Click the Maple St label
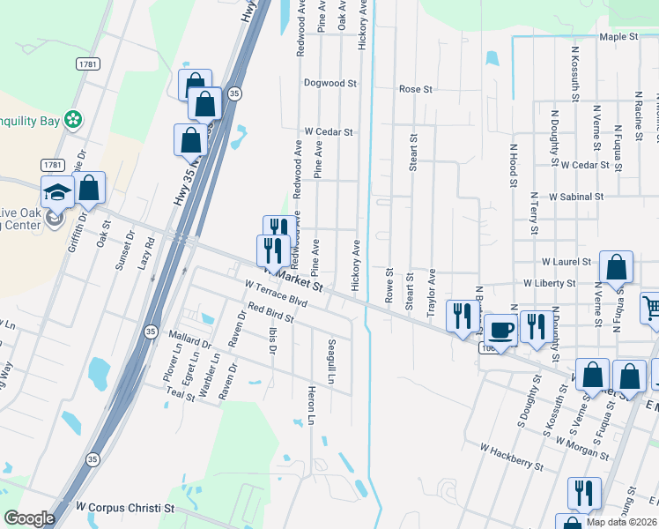pos(618,37)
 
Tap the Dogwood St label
pos(329,84)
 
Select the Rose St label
pos(416,89)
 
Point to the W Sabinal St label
pos(575,197)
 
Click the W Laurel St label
pos(568,262)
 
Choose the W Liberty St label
pos(549,284)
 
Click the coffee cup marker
pos(501,331)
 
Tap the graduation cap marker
pos(56,193)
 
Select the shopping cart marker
pos(651,309)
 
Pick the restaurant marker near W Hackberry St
pos(583,492)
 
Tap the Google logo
pos(29,518)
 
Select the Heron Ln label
pos(311,405)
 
